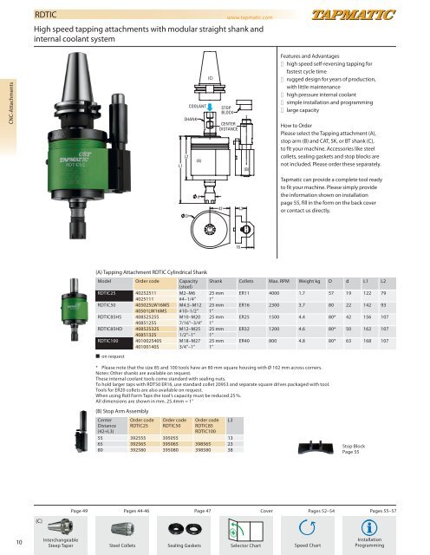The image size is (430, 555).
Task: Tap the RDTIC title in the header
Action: pos(46,14)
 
